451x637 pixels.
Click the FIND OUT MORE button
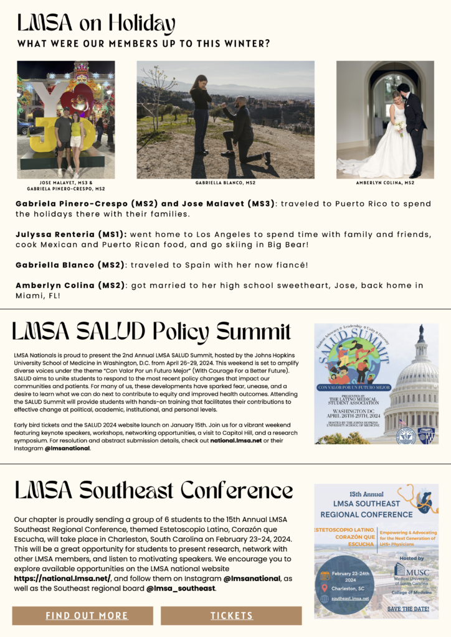(87, 615)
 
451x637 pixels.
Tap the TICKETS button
(231, 615)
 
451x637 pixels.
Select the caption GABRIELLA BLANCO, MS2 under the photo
(225, 183)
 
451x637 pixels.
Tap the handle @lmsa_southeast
(181, 588)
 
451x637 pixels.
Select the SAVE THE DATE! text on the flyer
(408, 608)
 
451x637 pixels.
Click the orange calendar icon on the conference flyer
(325, 575)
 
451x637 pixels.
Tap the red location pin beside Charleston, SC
(325, 588)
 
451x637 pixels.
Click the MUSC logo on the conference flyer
(401, 568)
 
